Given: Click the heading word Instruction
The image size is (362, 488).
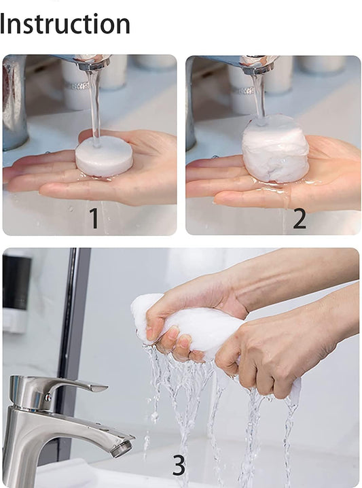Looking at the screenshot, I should [65, 24].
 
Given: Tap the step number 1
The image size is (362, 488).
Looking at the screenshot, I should [94, 218].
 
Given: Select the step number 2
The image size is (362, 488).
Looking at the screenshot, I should [299, 218].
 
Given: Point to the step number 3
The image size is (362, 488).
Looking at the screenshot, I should [178, 465].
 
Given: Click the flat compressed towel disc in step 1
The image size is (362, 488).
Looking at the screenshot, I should [103, 156].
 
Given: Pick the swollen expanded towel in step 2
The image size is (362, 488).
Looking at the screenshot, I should [275, 148].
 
